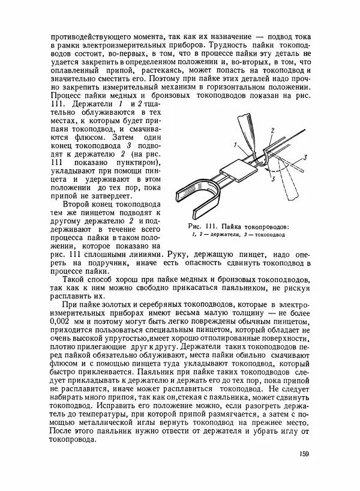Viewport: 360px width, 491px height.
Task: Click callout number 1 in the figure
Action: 236,145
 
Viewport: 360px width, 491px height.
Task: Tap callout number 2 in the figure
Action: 272,130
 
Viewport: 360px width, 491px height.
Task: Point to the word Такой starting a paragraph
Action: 76,280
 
